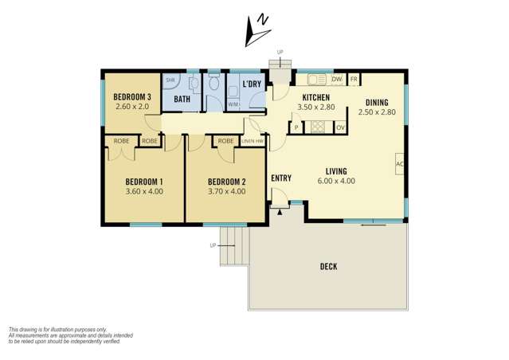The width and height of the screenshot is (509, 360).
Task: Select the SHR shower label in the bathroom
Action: pyautogui.click(x=170, y=81)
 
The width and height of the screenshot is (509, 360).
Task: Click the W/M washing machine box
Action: pyautogui.click(x=233, y=104)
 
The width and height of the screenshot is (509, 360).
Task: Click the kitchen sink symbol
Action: pyautogui.click(x=316, y=80)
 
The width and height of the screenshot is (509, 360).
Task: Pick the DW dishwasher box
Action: pyautogui.click(x=336, y=80)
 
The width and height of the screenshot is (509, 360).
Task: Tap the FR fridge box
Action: pyautogui.click(x=354, y=80)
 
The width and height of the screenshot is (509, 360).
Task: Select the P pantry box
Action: pyautogui.click(x=296, y=127)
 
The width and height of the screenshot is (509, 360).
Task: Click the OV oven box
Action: pyautogui.click(x=340, y=127)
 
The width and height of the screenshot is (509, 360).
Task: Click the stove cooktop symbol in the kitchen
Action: pyautogui.click(x=318, y=127)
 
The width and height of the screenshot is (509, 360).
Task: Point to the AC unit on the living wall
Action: pyautogui.click(x=399, y=165)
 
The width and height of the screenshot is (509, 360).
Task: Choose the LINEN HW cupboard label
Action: pyautogui.click(x=253, y=141)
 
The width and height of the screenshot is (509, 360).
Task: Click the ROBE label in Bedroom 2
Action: pyautogui.click(x=225, y=141)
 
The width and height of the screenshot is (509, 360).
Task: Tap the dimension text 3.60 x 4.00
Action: pyautogui.click(x=144, y=191)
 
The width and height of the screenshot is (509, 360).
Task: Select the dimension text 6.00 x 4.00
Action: pyautogui.click(x=335, y=181)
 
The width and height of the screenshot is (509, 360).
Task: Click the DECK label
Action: pyautogui.click(x=327, y=266)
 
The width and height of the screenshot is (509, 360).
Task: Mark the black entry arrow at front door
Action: pyautogui.click(x=280, y=212)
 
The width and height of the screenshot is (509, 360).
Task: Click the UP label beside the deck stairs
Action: pyautogui.click(x=213, y=245)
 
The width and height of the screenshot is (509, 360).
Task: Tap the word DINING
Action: pyautogui.click(x=377, y=102)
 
